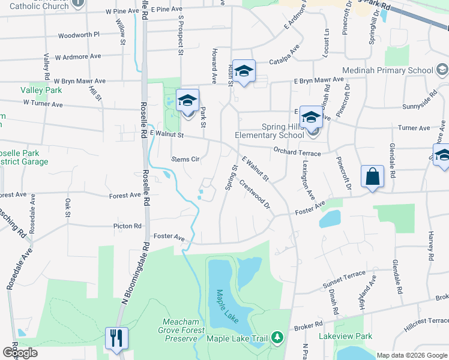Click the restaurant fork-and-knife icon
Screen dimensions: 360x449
(116, 337)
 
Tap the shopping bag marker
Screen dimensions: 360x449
(372, 178)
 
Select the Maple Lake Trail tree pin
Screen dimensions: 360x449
(277, 338)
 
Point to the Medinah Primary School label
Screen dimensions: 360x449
(387, 70)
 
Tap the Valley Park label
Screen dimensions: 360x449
(41, 90)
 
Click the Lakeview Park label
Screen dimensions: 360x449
(346, 337)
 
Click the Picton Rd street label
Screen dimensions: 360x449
(127, 226)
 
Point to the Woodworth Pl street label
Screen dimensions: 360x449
(79, 35)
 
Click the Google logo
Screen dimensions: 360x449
(20, 353)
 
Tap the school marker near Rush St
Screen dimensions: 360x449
(244, 71)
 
